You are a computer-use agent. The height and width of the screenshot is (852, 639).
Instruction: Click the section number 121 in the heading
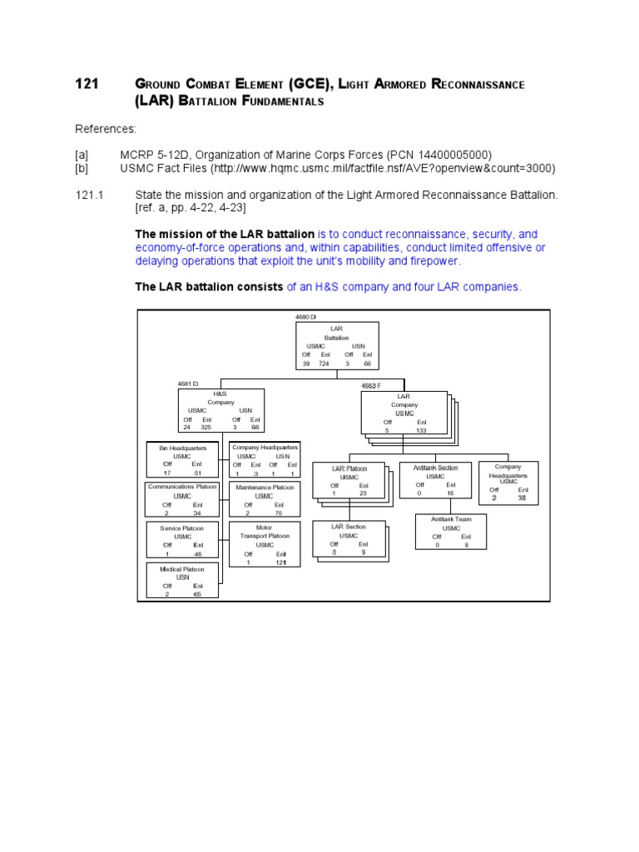[87, 85]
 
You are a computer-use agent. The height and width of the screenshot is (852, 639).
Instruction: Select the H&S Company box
[221, 410]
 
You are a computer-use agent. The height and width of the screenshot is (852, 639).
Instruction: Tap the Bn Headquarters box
[182, 460]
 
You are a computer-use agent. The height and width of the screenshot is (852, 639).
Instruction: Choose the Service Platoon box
[182, 540]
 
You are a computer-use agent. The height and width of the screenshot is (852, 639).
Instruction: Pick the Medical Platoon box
[182, 581]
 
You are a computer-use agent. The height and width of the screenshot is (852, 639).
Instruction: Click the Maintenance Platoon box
[265, 499]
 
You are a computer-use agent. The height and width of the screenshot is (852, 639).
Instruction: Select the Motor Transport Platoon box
[265, 544]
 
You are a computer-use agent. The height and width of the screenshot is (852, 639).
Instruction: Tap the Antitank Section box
[435, 480]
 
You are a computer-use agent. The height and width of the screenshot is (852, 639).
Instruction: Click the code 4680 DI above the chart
[306, 317]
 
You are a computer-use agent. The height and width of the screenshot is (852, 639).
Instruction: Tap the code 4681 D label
[188, 384]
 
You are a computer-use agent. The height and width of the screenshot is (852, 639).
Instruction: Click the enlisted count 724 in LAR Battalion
[324, 364]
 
